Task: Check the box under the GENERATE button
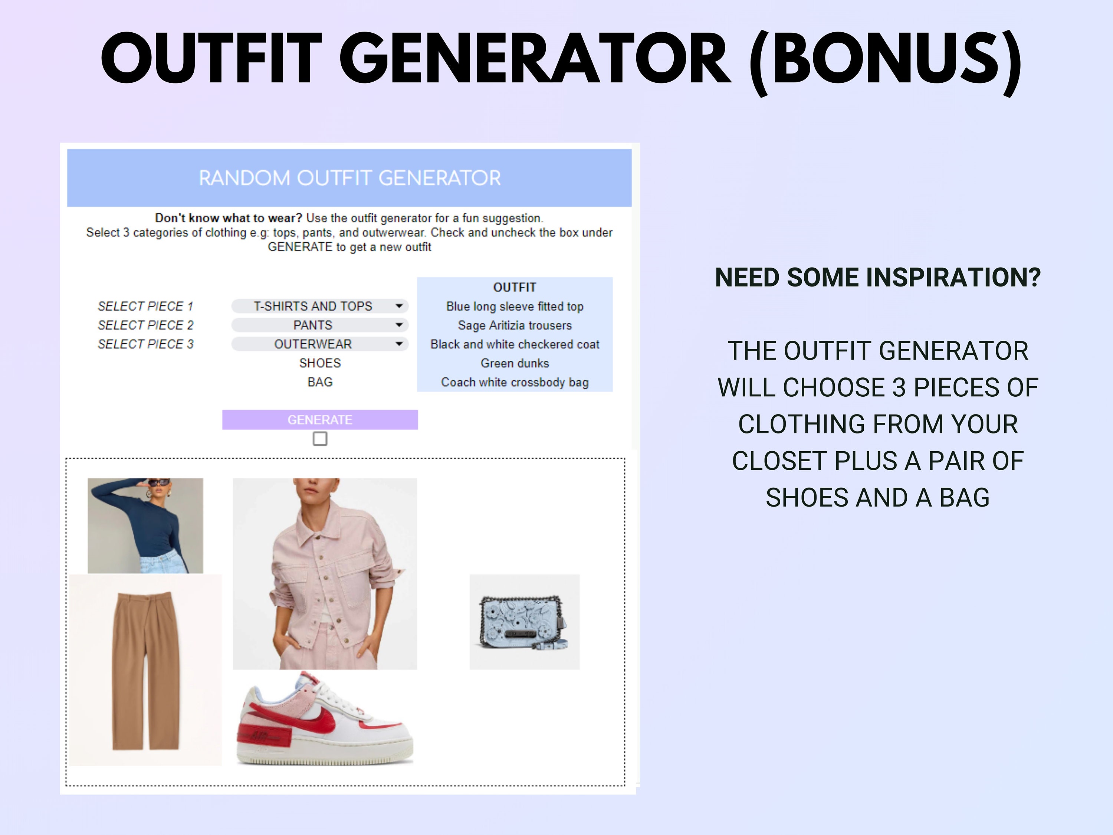[320, 439]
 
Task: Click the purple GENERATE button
[320, 420]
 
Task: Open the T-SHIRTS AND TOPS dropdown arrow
[399, 306]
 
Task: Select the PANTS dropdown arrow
[399, 325]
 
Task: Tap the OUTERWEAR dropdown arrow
[399, 344]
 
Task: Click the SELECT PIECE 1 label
[145, 306]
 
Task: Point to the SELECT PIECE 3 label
[145, 344]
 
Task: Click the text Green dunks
[515, 363]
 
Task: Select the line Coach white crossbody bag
[515, 383]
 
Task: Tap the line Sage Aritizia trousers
[515, 325]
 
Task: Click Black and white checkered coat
[515, 344]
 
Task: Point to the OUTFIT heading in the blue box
[515, 287]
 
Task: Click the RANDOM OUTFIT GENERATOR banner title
[350, 178]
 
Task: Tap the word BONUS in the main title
[886, 59]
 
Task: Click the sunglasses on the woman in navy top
[158, 483]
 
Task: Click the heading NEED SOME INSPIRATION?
[877, 277]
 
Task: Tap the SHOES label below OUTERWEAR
[320, 363]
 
